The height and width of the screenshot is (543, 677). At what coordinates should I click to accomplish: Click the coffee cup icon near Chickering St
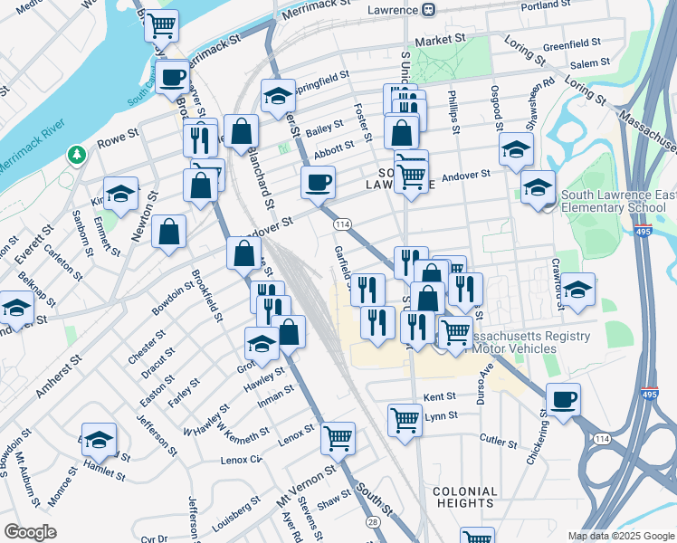[563, 399]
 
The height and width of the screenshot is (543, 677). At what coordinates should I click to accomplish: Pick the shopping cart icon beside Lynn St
[405, 419]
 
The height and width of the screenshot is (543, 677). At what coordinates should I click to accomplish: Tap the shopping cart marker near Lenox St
[338, 438]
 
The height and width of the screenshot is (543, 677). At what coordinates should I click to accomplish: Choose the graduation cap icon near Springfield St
[279, 94]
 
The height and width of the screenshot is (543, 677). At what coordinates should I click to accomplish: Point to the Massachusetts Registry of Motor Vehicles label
[525, 342]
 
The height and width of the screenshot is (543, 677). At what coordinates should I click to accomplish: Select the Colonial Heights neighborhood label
[464, 496]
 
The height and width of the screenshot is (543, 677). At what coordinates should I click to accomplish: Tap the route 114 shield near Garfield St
[342, 224]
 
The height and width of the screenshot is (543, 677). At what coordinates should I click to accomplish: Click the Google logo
[30, 532]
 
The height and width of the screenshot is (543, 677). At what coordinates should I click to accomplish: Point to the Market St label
[439, 41]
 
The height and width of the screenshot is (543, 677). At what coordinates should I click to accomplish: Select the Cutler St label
[498, 440]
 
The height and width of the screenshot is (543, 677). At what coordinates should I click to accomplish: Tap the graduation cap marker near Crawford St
[577, 289]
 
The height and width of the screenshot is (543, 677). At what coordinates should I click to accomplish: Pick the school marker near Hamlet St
[99, 439]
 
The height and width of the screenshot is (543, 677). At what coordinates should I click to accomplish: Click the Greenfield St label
[571, 43]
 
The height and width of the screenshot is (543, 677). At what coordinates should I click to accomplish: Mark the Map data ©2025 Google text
[620, 536]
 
